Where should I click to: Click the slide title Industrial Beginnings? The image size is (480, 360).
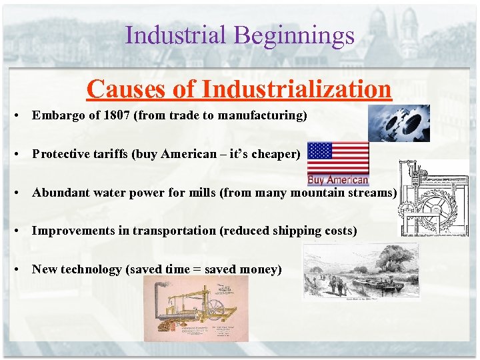[x=239, y=35]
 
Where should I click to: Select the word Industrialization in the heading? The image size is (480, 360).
[x=297, y=88]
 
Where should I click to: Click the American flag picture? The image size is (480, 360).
[x=337, y=158]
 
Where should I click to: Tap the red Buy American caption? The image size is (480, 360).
[x=338, y=179]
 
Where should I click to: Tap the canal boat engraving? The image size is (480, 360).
[x=361, y=271]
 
